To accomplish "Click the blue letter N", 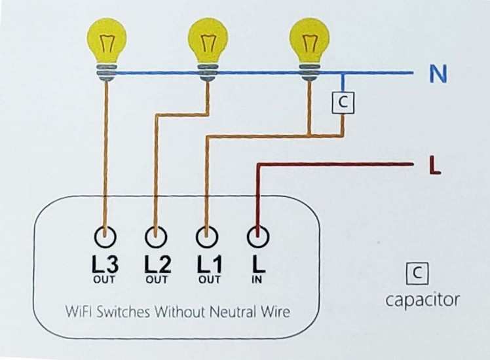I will coord(438,75).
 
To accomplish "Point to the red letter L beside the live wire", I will coord(434,166).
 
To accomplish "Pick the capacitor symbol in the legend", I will coord(417,274).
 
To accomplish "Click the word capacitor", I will coord(422,300).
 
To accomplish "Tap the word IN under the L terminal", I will coord(257,280).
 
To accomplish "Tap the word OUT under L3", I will coord(105,280).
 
